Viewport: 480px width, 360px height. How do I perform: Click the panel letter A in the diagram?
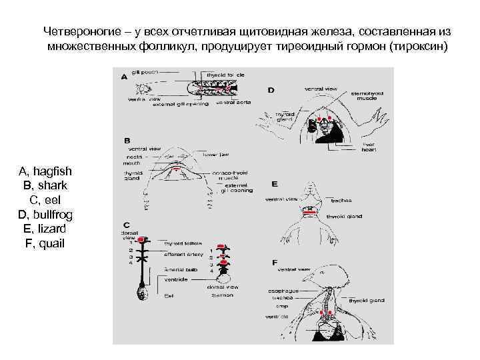[124, 77]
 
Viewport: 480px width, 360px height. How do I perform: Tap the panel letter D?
[270, 89]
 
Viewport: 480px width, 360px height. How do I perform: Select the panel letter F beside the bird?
[275, 263]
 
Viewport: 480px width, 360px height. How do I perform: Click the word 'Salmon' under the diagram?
[223, 295]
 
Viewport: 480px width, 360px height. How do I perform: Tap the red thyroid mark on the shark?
[175, 170]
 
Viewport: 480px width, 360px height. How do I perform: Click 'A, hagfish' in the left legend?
[45, 171]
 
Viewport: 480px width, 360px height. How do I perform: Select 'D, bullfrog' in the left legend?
[45, 214]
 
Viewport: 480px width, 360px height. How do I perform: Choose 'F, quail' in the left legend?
[45, 243]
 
